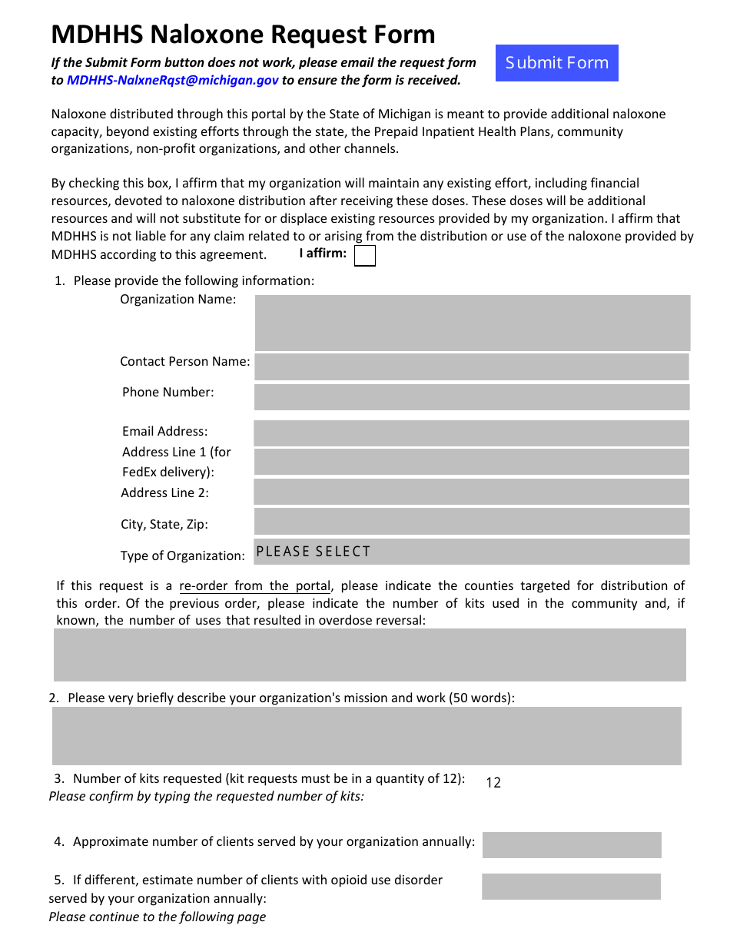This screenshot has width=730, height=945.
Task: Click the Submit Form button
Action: (556, 63)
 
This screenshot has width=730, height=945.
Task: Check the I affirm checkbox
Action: (365, 256)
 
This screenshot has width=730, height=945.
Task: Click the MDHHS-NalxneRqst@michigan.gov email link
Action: (173, 80)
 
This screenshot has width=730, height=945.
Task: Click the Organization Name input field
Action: (472, 323)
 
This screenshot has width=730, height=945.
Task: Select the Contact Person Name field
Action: (472, 366)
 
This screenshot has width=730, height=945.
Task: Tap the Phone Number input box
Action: (472, 397)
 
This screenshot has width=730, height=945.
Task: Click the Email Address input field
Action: (472, 433)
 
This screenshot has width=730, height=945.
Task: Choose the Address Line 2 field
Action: (472, 492)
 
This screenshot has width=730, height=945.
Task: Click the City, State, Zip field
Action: (472, 521)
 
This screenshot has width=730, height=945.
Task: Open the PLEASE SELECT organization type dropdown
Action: (472, 552)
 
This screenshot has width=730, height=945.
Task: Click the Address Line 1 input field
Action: (472, 462)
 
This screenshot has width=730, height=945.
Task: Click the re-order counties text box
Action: (370, 655)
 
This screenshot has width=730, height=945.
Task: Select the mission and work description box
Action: (367, 735)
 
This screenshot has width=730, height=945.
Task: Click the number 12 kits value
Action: (493, 783)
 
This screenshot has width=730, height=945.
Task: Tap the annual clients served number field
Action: (572, 845)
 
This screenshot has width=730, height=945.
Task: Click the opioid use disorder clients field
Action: (571, 887)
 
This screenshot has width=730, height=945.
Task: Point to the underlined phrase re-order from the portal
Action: (254, 585)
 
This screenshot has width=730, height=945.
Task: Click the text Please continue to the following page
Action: (158, 917)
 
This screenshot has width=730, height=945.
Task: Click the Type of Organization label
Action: (182, 555)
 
